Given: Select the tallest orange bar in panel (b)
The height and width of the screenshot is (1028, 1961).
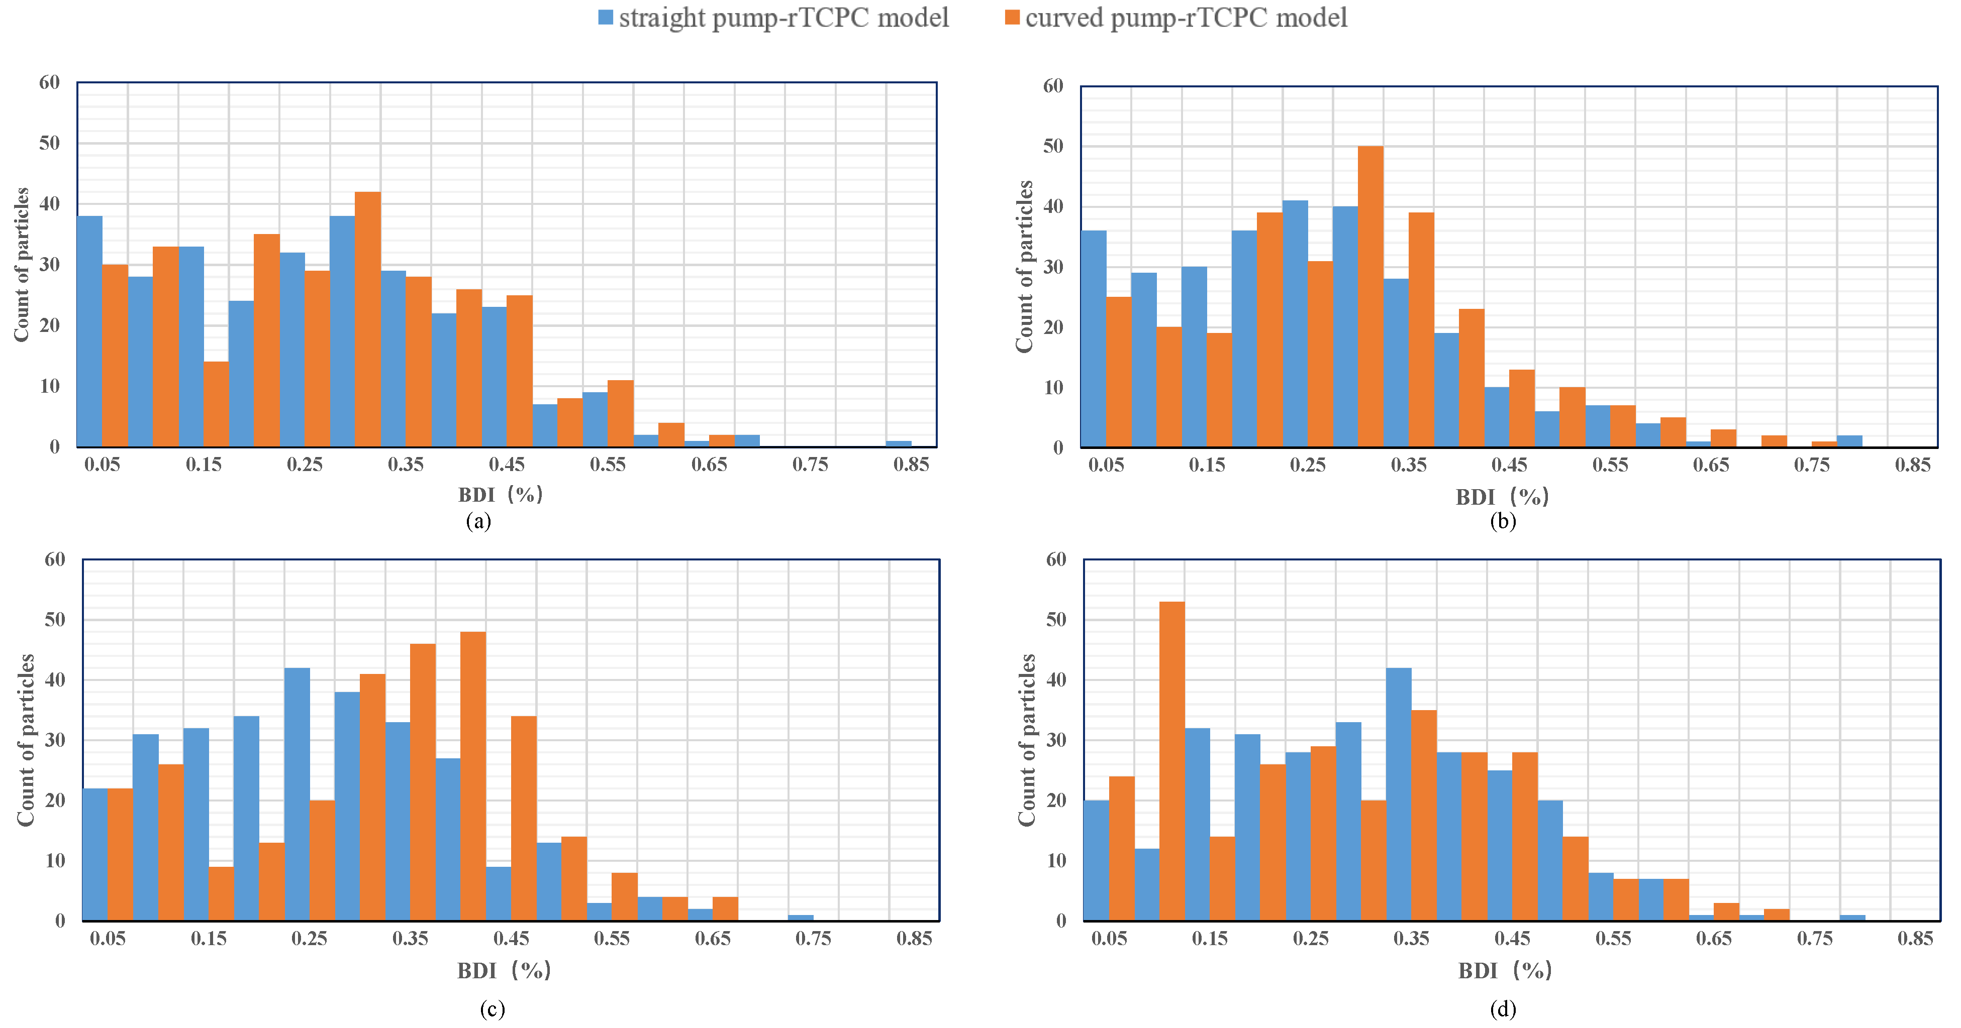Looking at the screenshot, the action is tap(1370, 297).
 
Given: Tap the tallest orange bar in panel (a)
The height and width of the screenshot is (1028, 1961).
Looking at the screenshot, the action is tap(368, 319).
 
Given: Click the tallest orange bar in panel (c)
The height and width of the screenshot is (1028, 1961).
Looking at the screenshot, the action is tap(473, 776).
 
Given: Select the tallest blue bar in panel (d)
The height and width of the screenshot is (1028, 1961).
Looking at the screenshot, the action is tap(1399, 794).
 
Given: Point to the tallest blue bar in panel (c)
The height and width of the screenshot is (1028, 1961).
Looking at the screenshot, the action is tap(297, 794).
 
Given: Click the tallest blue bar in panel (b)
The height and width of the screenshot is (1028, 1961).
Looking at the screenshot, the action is tap(1295, 324).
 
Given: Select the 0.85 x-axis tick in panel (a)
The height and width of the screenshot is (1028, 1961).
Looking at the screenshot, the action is tap(911, 464).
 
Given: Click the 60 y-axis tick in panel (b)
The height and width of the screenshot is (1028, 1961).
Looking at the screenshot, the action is tap(1053, 86).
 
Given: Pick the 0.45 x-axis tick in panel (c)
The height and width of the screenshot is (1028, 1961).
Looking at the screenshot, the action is tap(511, 938).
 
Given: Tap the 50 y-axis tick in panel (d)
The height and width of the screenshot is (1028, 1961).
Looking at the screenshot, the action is tap(1056, 619).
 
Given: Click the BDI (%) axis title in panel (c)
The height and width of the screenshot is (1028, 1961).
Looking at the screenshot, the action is tap(504, 970).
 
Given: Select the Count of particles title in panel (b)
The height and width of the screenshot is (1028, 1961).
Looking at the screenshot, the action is tap(1025, 266).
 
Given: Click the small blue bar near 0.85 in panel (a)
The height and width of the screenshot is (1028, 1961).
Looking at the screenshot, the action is tap(898, 443).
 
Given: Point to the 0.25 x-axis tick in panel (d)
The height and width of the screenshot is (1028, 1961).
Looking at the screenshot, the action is tap(1311, 938).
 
